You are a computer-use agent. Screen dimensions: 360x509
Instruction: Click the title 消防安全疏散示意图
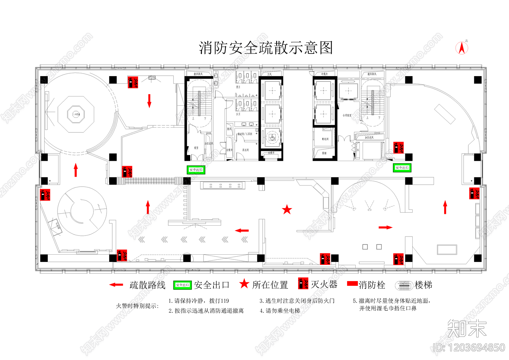[266, 48]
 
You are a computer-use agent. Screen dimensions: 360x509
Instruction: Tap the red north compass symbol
[462, 48]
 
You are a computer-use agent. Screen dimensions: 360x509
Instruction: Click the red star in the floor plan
[287, 209]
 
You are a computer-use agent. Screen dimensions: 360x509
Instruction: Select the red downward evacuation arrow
[149, 101]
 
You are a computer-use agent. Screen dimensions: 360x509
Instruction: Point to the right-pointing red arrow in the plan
[386, 227]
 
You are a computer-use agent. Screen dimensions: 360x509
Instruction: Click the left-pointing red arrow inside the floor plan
[242, 230]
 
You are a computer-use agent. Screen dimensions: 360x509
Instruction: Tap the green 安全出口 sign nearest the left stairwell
[196, 170]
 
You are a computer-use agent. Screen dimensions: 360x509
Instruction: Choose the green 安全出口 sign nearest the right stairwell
[402, 168]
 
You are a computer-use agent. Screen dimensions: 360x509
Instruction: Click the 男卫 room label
[238, 87]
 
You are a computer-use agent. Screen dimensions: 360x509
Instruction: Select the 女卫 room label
[238, 114]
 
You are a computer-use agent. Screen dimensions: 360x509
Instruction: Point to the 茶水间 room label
[246, 150]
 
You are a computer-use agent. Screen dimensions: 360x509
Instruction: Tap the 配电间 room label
[325, 139]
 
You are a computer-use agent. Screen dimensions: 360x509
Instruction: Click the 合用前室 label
[347, 115]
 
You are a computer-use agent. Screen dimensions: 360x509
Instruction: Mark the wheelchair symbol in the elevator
[272, 138]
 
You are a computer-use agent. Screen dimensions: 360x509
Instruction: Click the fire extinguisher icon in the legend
[303, 283]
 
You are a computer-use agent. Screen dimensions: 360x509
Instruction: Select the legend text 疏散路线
[148, 285]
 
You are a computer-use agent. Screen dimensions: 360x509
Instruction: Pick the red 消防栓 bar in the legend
[352, 283]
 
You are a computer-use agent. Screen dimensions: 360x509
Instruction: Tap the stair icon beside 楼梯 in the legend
[404, 285]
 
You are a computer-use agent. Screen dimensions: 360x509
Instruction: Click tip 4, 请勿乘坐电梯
[280, 311]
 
